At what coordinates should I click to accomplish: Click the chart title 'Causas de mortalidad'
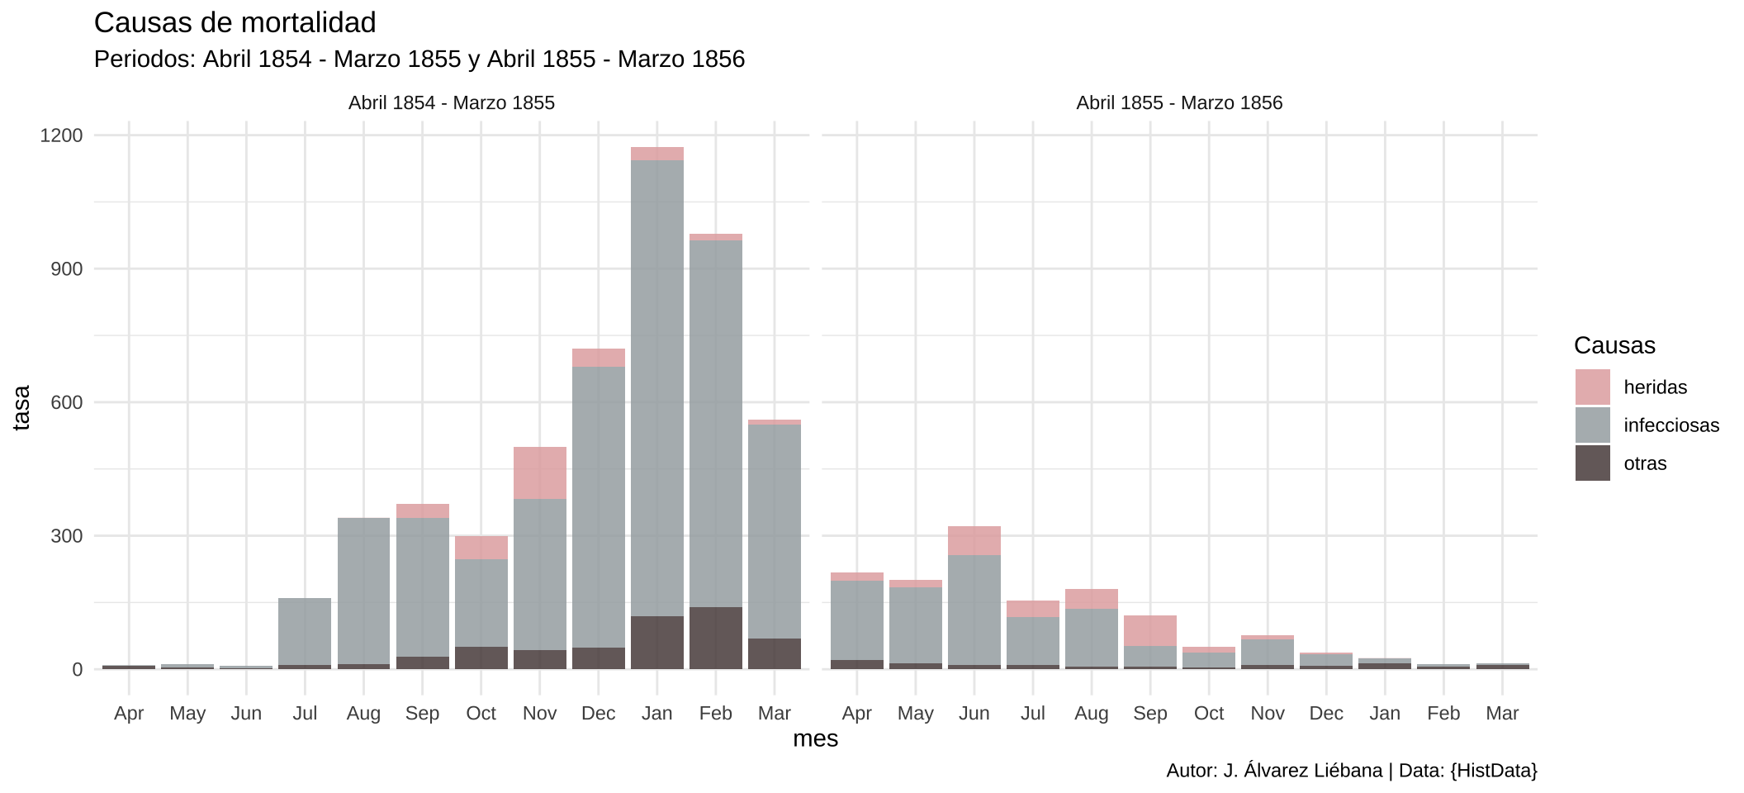tap(235, 23)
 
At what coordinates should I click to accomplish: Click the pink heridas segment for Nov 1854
tap(540, 472)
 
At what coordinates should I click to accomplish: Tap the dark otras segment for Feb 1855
tap(716, 638)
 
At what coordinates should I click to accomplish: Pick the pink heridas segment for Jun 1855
tap(974, 540)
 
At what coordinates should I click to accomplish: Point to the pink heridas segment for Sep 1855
tap(1150, 630)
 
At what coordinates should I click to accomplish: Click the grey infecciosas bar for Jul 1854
tap(305, 631)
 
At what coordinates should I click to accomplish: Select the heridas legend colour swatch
tap(1592, 387)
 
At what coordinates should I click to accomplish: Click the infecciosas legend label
tap(1671, 425)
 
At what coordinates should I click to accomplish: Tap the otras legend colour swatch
tap(1592, 463)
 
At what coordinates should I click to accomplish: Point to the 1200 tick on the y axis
tap(62, 135)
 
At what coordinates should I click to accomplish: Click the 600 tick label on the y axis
tap(67, 402)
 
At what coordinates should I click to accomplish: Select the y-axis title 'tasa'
tap(22, 407)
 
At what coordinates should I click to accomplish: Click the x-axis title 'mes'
tap(815, 738)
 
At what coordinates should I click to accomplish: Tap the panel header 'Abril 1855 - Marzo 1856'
tap(1179, 103)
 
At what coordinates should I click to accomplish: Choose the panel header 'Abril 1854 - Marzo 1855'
tap(452, 103)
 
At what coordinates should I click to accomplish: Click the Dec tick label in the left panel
tap(598, 714)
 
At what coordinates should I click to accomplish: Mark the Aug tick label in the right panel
tap(1091, 714)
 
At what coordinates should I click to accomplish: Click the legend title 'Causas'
tap(1614, 345)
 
